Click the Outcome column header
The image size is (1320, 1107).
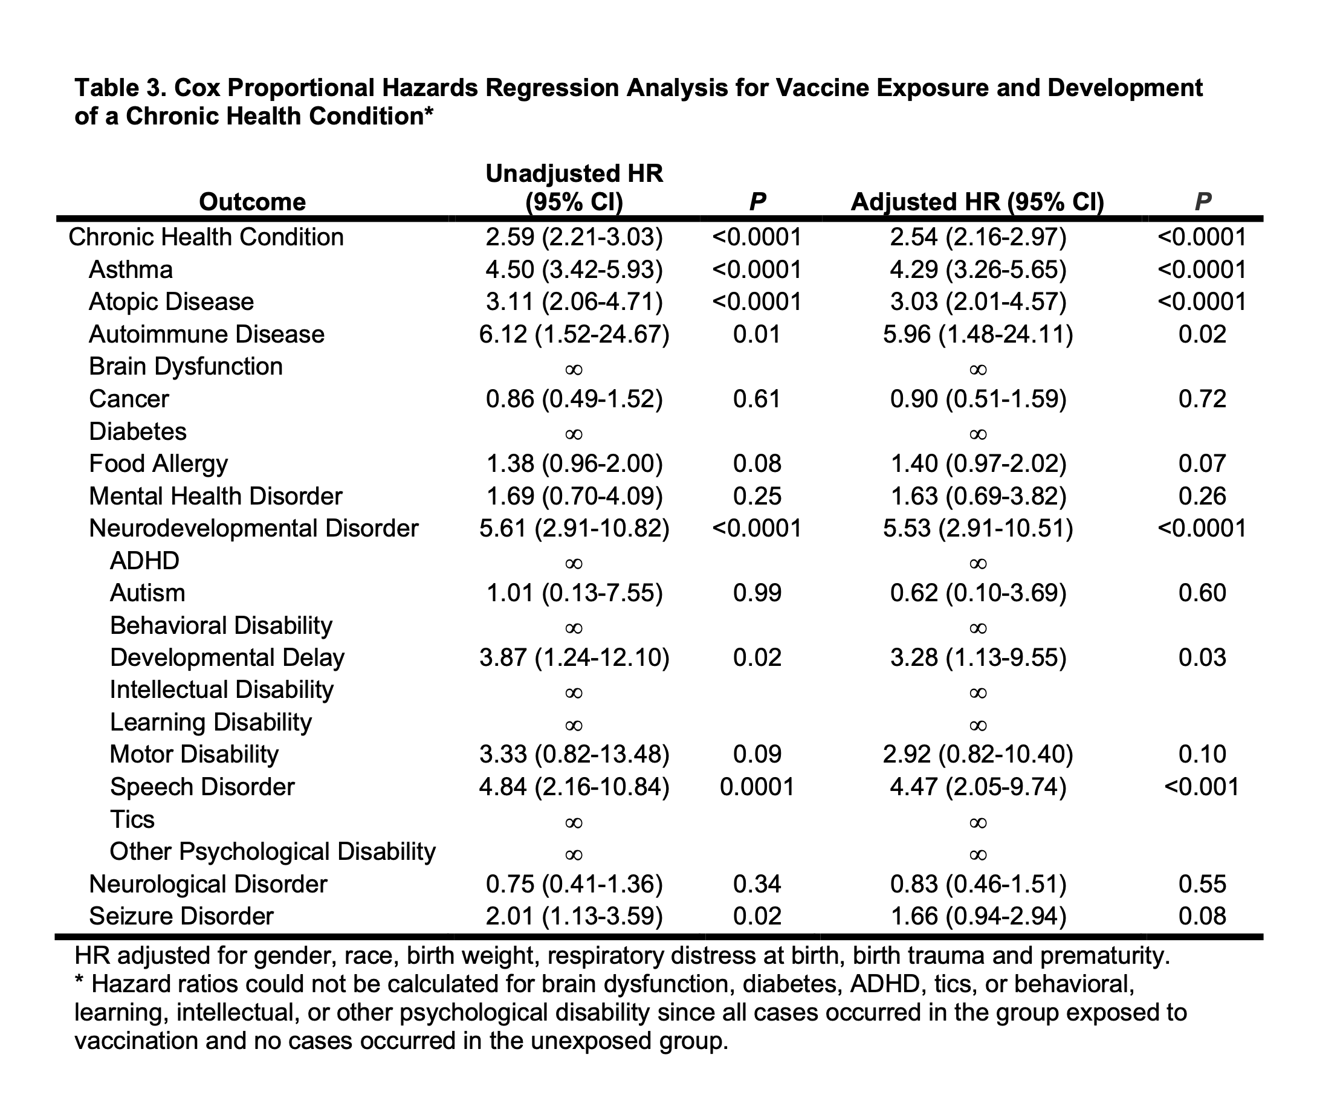(x=252, y=202)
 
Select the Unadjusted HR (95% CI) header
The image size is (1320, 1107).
(x=574, y=187)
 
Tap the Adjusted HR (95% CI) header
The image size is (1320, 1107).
(x=977, y=202)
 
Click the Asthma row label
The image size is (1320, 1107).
(x=131, y=269)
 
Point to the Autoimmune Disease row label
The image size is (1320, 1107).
(x=207, y=334)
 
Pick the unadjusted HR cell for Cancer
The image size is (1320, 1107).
(x=574, y=399)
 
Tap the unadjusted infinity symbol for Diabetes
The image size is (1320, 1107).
(x=574, y=434)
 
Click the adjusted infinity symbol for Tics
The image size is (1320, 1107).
(x=978, y=822)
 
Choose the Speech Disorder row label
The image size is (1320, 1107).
(x=202, y=787)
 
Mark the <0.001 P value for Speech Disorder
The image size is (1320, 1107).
(x=1202, y=787)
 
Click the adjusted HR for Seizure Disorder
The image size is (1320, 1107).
(x=978, y=917)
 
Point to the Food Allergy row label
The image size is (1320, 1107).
(x=158, y=464)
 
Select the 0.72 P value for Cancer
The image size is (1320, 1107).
(x=1202, y=399)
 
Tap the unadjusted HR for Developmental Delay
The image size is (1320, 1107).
(x=574, y=658)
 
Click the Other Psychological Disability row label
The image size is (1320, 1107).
(x=272, y=852)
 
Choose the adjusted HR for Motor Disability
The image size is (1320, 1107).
(x=978, y=755)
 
